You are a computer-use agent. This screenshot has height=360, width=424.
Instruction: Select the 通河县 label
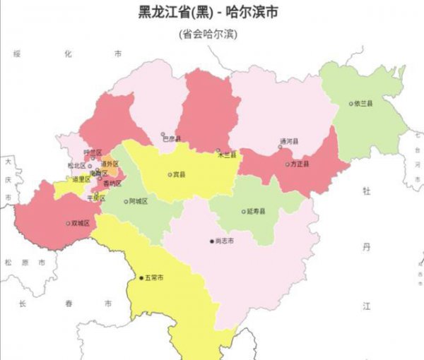click(289, 141)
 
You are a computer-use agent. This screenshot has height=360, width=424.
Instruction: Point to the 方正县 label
click(300, 164)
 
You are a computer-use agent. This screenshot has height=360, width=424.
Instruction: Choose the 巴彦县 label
click(172, 138)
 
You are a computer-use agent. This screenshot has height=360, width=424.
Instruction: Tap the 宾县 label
click(180, 174)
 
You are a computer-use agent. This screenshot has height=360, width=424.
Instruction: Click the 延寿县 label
click(257, 211)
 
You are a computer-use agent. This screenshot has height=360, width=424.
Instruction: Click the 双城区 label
click(81, 223)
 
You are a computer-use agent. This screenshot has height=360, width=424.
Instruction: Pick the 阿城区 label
click(139, 201)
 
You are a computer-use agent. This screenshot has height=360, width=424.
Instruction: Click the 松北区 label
click(76, 166)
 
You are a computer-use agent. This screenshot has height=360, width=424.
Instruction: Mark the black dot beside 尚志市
click(211, 241)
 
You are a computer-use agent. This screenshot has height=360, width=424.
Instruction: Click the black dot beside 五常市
click(140, 277)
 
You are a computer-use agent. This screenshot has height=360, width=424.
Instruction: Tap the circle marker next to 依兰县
click(350, 104)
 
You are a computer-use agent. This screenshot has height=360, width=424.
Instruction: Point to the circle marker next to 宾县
click(170, 174)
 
